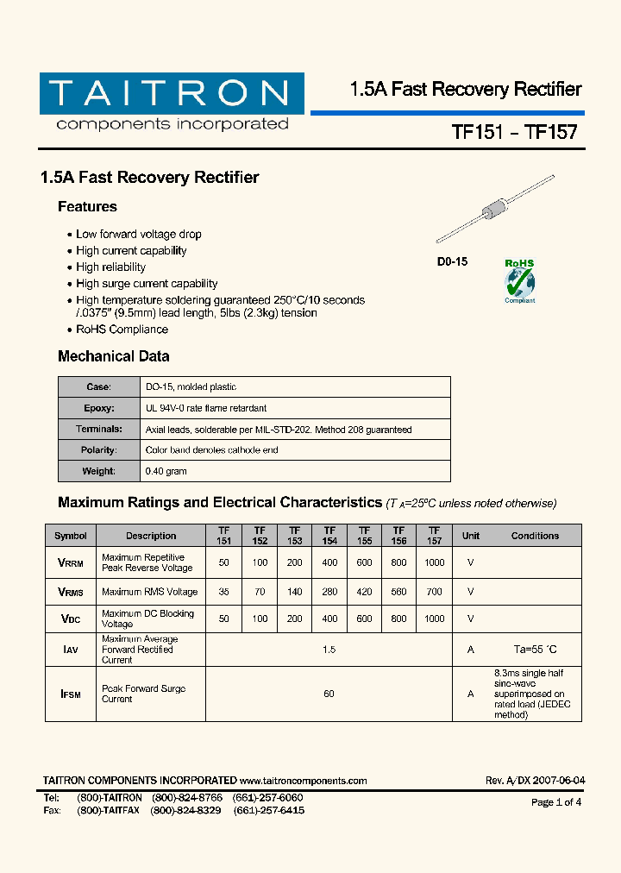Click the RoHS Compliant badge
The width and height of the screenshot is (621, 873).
tap(519, 281)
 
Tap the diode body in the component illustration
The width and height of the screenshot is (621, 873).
tap(494, 210)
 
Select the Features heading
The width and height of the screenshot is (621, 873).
tap(87, 207)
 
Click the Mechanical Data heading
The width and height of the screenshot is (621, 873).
tap(113, 356)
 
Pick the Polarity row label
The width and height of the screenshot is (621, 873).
tap(98, 450)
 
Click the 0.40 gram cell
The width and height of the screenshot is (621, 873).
tap(166, 472)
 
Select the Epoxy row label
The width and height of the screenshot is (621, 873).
tap(98, 408)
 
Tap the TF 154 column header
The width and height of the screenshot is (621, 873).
tap(329, 536)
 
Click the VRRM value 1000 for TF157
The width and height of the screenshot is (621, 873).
tap(435, 562)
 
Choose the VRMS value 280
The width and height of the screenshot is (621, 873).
tap(329, 592)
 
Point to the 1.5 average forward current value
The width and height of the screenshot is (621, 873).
tap(329, 650)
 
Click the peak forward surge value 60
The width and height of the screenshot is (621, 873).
tap(329, 694)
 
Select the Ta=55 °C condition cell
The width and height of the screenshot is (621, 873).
tap(535, 650)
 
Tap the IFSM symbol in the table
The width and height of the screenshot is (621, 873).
tap(70, 694)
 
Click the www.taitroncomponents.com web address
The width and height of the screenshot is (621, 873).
tap(304, 781)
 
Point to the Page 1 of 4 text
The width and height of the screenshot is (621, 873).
tap(556, 802)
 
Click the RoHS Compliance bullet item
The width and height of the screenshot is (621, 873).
tap(122, 330)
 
